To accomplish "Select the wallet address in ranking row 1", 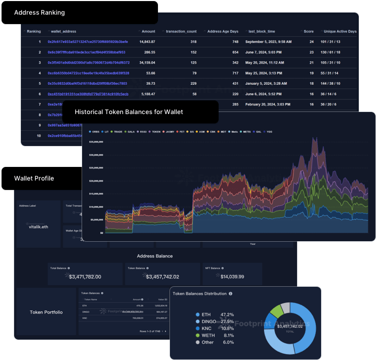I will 87,41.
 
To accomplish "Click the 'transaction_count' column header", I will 181,31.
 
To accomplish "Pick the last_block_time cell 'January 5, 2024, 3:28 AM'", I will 267,83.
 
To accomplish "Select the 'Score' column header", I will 311,31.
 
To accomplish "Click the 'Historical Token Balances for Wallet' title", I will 129,112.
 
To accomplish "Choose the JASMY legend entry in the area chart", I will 167,131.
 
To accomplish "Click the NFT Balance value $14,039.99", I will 225,276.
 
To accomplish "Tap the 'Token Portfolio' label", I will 46,312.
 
